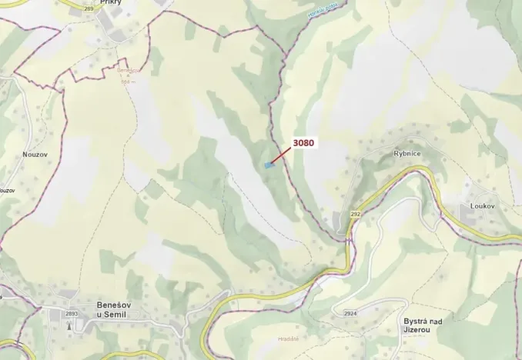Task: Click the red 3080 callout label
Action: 304,142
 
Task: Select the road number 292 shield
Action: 356,214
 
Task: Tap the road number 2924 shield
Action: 350,314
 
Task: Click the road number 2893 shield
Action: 72,314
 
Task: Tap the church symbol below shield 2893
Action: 71,325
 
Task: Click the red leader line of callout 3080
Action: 281,155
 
